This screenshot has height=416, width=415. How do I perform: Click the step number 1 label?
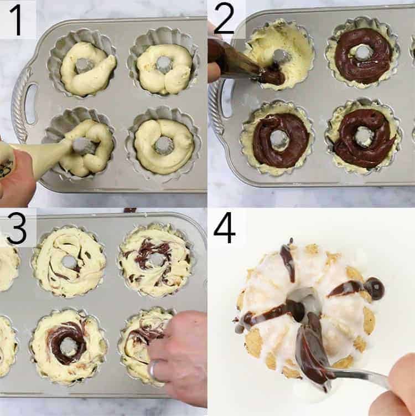tap(17, 19)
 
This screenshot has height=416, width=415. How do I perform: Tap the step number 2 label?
tap(224, 20)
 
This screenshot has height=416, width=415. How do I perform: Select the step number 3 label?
tap(17, 228)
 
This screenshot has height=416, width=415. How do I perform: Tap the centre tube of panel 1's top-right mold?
tap(165, 64)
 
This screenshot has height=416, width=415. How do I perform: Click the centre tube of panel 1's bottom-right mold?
tap(163, 145)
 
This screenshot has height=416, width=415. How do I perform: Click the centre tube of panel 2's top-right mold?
tap(363, 53)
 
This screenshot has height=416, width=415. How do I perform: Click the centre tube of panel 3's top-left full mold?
tap(69, 261)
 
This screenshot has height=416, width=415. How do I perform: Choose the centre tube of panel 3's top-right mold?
tap(157, 259)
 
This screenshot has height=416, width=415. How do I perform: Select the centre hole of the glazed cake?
tap(303, 299)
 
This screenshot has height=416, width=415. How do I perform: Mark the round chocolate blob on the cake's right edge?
tap(376, 289)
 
